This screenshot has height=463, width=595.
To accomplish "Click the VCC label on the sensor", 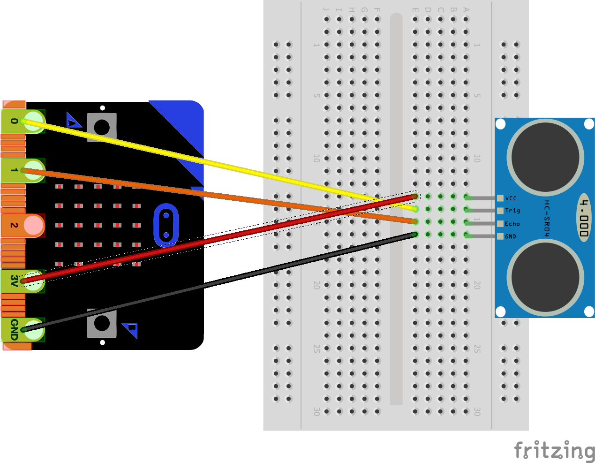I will [511, 198].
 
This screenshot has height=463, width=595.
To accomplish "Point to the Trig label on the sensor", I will [512, 211].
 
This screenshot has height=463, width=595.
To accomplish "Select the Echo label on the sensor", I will [512, 224].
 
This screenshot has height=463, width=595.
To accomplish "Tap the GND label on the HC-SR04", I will [510, 236].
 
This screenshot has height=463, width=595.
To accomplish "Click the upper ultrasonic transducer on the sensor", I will [545, 157].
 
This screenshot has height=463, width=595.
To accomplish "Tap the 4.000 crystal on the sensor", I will [583, 218].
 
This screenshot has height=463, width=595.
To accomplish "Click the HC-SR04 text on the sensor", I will [547, 218].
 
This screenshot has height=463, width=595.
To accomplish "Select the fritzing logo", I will [554, 450].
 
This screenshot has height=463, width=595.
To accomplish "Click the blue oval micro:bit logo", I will [166, 225].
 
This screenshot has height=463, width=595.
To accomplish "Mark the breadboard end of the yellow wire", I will [415, 209].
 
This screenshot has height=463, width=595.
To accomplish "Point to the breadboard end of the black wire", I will [415, 234].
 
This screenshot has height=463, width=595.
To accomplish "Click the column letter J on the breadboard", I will [326, 9].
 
